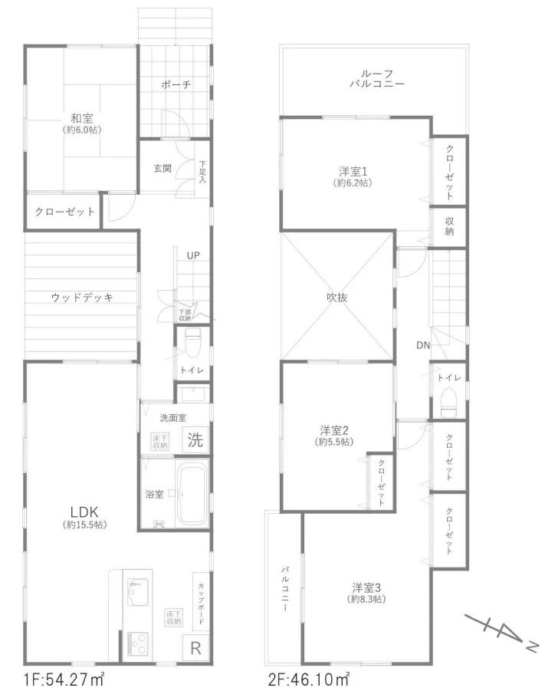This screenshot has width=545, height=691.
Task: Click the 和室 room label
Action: point(82,119)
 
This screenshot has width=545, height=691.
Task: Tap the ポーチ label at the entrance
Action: point(176,84)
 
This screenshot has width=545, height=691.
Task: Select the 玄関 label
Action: point(163,168)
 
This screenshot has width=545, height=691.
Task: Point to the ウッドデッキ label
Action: point(82,298)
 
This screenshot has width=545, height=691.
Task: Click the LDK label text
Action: point(84,512)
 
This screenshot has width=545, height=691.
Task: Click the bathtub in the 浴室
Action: point(192,492)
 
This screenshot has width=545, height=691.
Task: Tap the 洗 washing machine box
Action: point(195,439)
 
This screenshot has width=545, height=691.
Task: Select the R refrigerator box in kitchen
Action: point(195,648)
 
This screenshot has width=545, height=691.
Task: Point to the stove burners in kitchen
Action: point(138,644)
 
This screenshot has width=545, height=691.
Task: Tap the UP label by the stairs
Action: point(193,255)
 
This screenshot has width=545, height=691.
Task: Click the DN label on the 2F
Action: point(423,345)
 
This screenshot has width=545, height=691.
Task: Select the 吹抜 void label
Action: point(337,298)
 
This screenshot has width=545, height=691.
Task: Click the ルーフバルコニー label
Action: point(377,78)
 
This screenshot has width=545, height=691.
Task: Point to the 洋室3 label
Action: point(366,587)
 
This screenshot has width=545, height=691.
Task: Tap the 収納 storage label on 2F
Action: point(449,226)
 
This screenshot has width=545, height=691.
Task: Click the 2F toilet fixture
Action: point(449,402)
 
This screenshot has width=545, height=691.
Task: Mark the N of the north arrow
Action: point(532,646)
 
